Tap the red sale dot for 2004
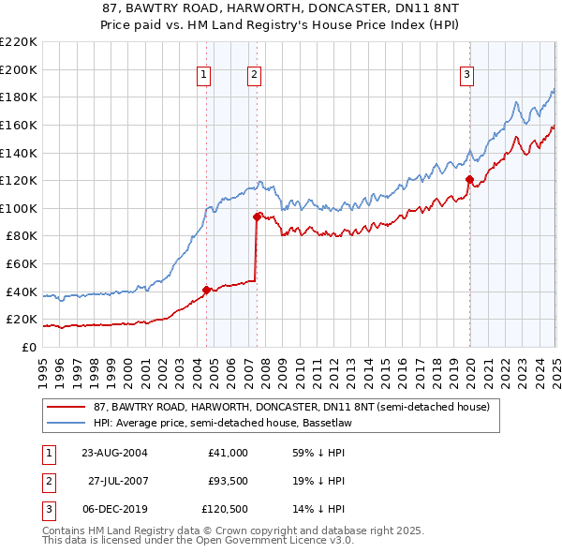pyautogui.click(x=207, y=290)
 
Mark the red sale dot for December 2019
pyautogui.click(x=469, y=179)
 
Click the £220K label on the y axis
pyautogui.click(x=19, y=42)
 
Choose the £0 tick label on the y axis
pyautogui.click(x=29, y=347)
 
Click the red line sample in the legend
pyautogui.click(x=67, y=408)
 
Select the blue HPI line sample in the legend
pyautogui.click(x=67, y=423)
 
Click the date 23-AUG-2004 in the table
pyautogui.click(x=114, y=453)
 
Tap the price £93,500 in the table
pyautogui.click(x=228, y=481)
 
